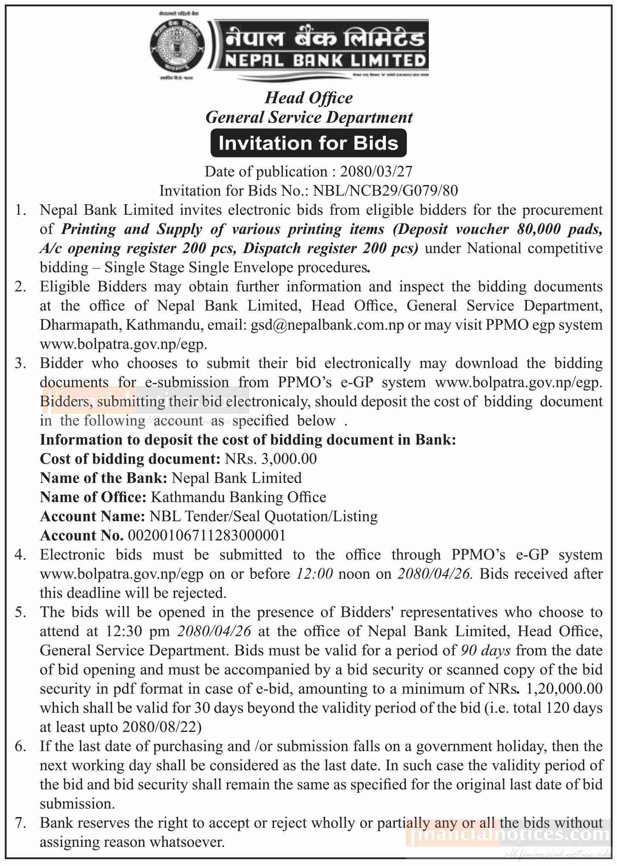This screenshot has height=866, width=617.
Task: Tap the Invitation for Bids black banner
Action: (x=308, y=143)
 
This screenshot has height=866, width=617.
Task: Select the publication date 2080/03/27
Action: (x=376, y=171)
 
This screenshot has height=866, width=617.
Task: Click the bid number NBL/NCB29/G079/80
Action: (x=385, y=191)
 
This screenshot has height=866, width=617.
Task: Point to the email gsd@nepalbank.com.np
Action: (x=327, y=325)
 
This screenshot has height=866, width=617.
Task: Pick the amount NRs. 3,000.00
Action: (x=271, y=459)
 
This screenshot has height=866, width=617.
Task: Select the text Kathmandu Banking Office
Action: (x=238, y=497)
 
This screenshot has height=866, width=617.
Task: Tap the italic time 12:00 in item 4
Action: (x=315, y=574)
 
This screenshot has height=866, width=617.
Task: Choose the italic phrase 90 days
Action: (x=486, y=650)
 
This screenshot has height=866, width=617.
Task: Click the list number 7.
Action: (x=20, y=823)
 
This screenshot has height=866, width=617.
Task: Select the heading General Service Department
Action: (x=309, y=117)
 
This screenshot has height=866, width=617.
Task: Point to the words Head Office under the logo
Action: (x=308, y=98)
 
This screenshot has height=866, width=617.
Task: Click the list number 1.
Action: (x=20, y=210)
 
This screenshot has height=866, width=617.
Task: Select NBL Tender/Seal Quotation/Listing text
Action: (x=263, y=516)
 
